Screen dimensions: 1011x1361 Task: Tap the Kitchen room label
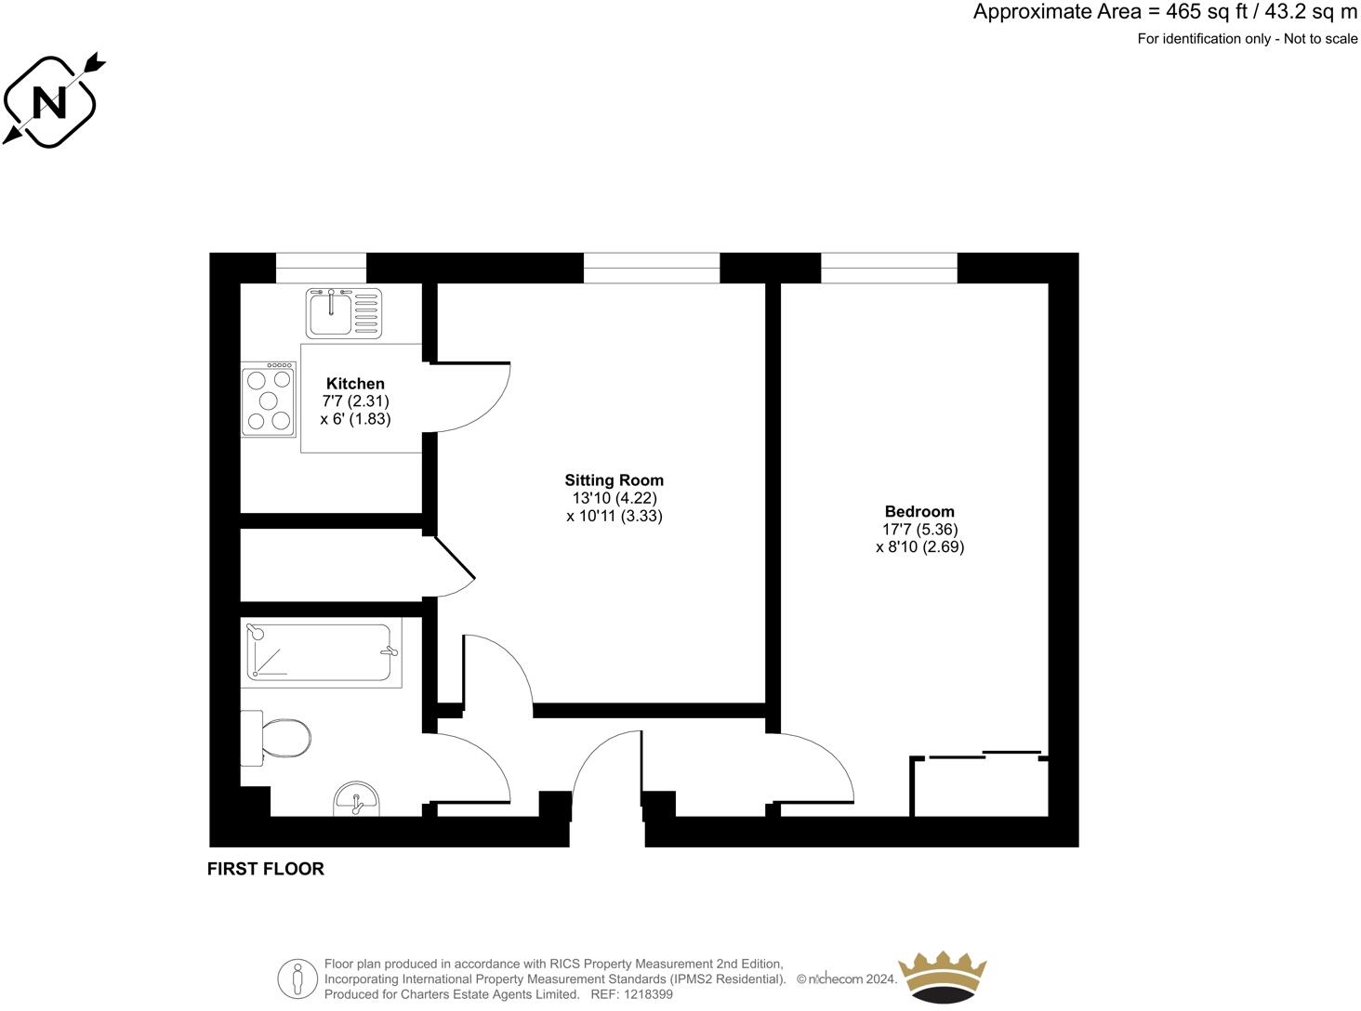click(355, 384)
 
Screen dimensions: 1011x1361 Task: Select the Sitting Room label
click(614, 480)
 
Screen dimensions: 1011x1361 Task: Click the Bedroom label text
click(919, 511)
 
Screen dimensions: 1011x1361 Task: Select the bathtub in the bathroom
click(320, 652)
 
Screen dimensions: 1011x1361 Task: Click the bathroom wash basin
click(357, 799)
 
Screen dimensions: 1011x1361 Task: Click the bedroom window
click(889, 269)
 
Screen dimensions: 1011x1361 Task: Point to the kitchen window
click(321, 269)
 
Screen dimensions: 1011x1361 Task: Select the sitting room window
click(651, 269)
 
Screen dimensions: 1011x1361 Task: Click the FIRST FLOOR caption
click(266, 869)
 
